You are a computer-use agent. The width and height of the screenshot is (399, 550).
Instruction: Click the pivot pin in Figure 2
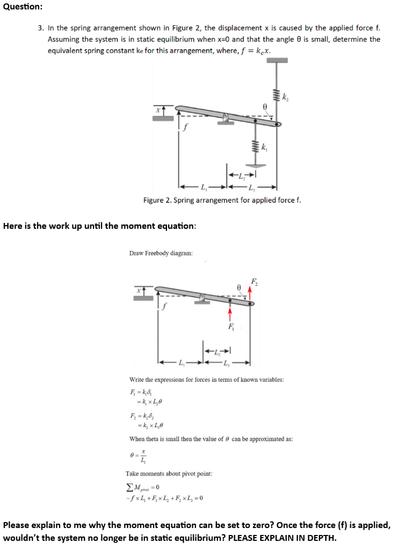226,117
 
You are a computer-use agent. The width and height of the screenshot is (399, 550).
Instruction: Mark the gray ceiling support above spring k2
277,60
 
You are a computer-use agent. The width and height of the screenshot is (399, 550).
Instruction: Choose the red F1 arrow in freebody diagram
229,312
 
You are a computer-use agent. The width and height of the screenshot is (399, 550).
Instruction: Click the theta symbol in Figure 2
264,107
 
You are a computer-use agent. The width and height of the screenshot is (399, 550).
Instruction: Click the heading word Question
22,6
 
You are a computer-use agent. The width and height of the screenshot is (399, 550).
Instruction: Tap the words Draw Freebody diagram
161,252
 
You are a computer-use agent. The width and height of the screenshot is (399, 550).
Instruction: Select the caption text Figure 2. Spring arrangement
222,200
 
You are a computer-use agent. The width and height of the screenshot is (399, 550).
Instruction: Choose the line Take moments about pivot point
169,474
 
